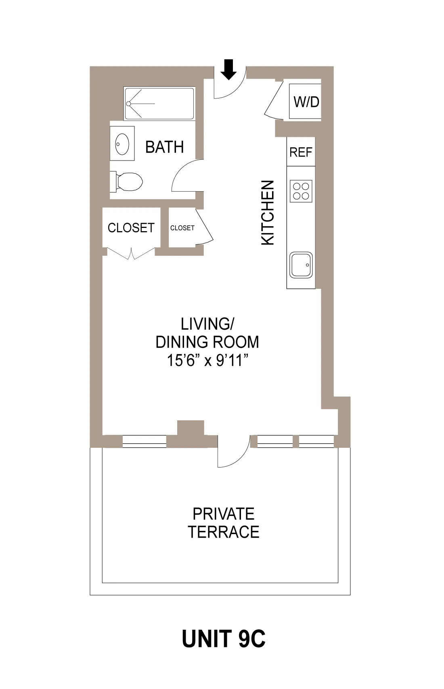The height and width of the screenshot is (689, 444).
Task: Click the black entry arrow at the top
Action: click(229, 69)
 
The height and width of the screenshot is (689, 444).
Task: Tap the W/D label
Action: click(306, 102)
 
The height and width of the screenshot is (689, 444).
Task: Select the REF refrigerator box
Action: click(301, 152)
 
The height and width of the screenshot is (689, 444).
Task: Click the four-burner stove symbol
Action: click(301, 191)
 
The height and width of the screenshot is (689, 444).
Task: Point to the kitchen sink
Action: click(301, 265)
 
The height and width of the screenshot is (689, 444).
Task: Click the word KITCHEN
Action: click(268, 213)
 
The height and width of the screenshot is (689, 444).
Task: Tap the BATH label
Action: click(164, 147)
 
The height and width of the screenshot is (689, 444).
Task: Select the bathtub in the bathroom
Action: click(159, 104)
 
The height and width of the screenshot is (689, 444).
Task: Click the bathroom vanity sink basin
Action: click(122, 144)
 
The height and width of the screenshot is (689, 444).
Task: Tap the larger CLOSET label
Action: click(131, 228)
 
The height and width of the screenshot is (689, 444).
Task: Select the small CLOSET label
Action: click(182, 228)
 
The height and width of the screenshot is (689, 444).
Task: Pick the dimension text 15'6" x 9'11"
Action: click(207, 360)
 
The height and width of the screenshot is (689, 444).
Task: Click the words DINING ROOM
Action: click(207, 342)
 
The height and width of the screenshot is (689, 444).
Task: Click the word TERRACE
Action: click(223, 532)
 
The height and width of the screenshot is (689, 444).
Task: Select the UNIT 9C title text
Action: click(223, 639)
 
